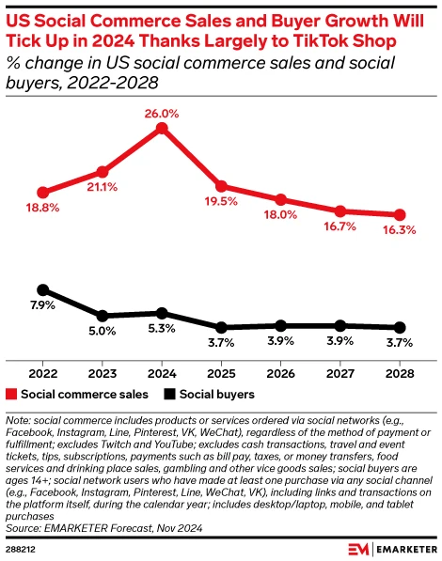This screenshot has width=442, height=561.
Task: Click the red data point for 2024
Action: pyautogui.click(x=161, y=127)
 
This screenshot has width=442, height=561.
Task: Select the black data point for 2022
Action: pyautogui.click(x=41, y=289)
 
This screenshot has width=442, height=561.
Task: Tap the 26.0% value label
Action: pyautogui.click(x=161, y=112)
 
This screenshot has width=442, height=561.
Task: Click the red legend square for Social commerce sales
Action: pyautogui.click(x=12, y=395)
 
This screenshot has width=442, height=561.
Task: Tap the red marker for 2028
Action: pyautogui.click(x=400, y=214)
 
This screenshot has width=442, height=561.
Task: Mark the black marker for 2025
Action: pyautogui.click(x=221, y=327)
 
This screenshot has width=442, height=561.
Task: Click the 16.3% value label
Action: pyautogui.click(x=401, y=230)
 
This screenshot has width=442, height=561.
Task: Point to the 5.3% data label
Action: pyautogui.click(x=162, y=329)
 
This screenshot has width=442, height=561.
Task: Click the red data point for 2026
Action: pyautogui.click(x=280, y=199)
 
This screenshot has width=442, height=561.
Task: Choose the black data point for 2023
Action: pyautogui.click(x=102, y=316)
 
